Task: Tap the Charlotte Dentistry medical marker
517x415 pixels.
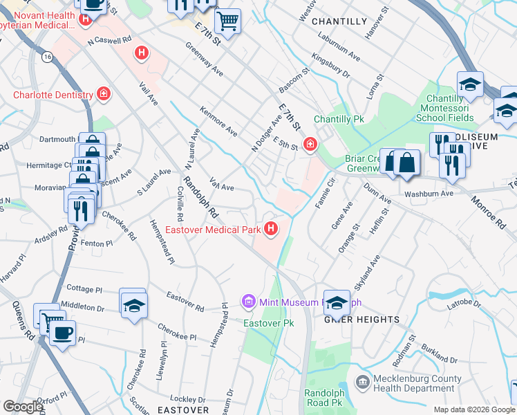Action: coord(104,94)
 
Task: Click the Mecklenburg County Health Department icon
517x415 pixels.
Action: coord(361,382)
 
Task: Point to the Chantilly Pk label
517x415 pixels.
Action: coord(339,120)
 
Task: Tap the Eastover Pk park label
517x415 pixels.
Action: coord(269,323)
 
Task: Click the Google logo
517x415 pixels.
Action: coord(23,407)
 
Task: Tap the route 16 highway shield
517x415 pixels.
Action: coord(47,56)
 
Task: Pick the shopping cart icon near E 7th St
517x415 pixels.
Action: coord(227,21)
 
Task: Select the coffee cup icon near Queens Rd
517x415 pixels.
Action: coord(62,333)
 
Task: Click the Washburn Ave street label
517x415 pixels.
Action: coord(429,194)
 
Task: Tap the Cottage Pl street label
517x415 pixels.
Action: coord(84,287)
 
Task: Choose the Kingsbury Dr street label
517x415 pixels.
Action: coord(330,66)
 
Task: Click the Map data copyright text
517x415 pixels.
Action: coord(474,409)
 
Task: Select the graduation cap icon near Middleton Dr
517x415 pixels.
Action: coord(133,305)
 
